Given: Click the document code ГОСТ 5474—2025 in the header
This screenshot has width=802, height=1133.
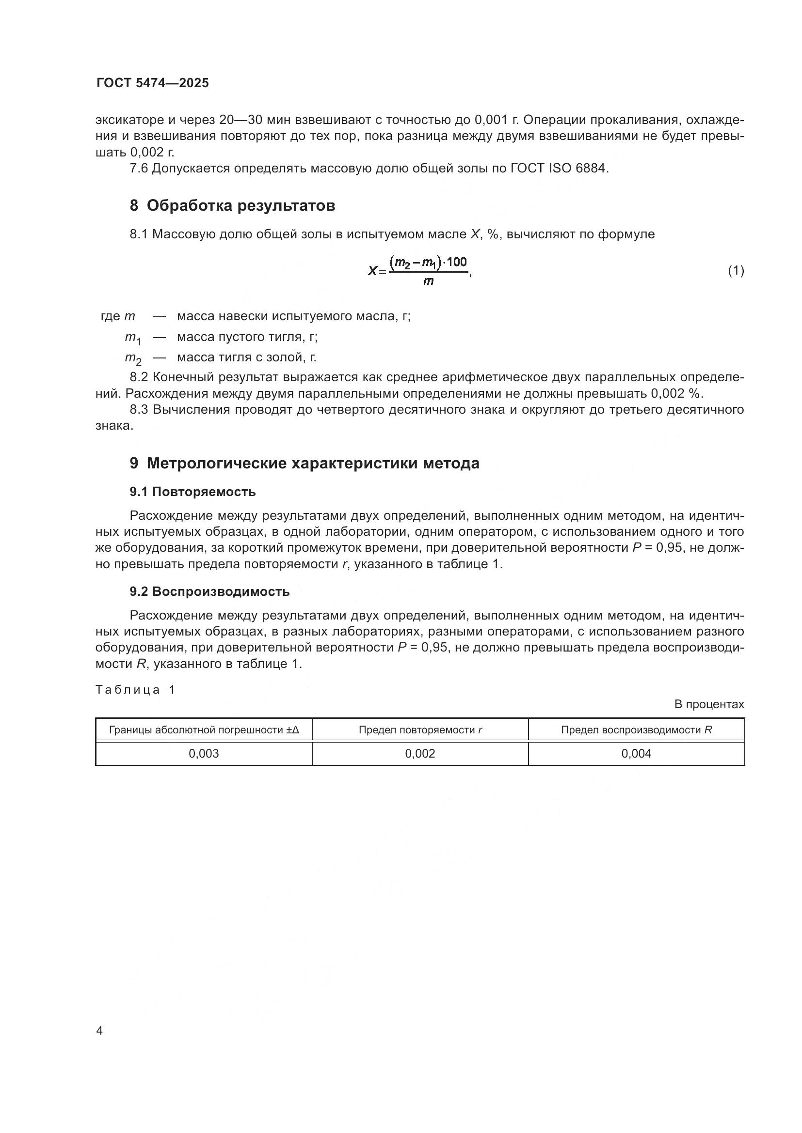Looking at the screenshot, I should point(153,83).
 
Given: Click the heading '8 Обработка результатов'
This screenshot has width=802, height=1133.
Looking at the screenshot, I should point(232,205).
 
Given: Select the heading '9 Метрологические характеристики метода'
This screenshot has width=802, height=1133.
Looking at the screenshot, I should point(304,464).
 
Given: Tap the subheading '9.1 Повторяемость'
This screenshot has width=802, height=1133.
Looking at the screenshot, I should point(192,492).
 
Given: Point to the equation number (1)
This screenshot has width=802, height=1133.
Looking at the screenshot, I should point(736,270).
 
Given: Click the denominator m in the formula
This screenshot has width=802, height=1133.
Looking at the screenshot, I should point(428,281).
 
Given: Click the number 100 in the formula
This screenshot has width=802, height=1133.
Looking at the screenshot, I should point(457,262).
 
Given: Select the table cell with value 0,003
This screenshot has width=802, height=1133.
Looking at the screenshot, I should point(204,754).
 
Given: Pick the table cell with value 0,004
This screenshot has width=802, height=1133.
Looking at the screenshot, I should point(636,754).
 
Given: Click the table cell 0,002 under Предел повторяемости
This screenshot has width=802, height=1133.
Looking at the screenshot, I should point(420,754).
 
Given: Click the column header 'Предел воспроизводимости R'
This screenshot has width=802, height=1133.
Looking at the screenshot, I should point(636,730).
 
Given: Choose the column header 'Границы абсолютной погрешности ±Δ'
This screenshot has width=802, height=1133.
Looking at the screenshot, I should point(204,730).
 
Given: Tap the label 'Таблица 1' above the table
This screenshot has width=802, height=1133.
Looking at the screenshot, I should point(135,690).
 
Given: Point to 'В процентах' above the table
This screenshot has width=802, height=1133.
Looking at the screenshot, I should point(709,705).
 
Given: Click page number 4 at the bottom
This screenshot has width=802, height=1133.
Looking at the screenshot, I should point(99,1030).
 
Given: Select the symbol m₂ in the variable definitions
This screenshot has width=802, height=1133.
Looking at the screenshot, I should point(133,358).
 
